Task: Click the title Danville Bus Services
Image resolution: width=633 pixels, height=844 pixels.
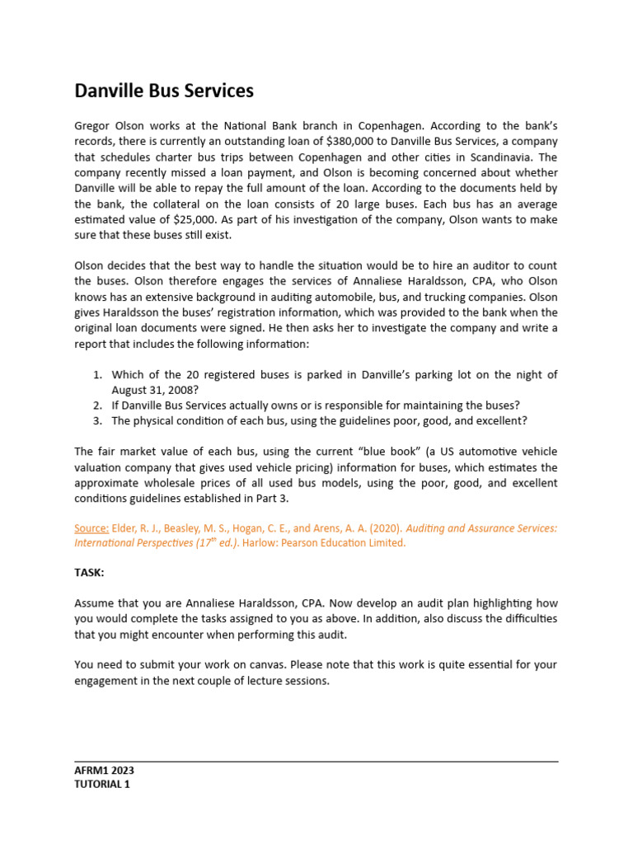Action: (x=164, y=91)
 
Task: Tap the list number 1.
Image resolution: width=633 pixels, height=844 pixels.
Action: (x=97, y=374)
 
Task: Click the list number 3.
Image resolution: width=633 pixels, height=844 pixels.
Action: (x=97, y=420)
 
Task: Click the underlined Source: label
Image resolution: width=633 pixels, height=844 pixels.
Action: (x=91, y=528)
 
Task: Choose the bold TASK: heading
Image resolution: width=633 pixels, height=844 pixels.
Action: (x=89, y=574)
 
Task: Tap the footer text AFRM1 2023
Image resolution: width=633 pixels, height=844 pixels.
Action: (x=105, y=771)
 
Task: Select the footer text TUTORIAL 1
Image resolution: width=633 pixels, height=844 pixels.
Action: (x=102, y=785)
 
